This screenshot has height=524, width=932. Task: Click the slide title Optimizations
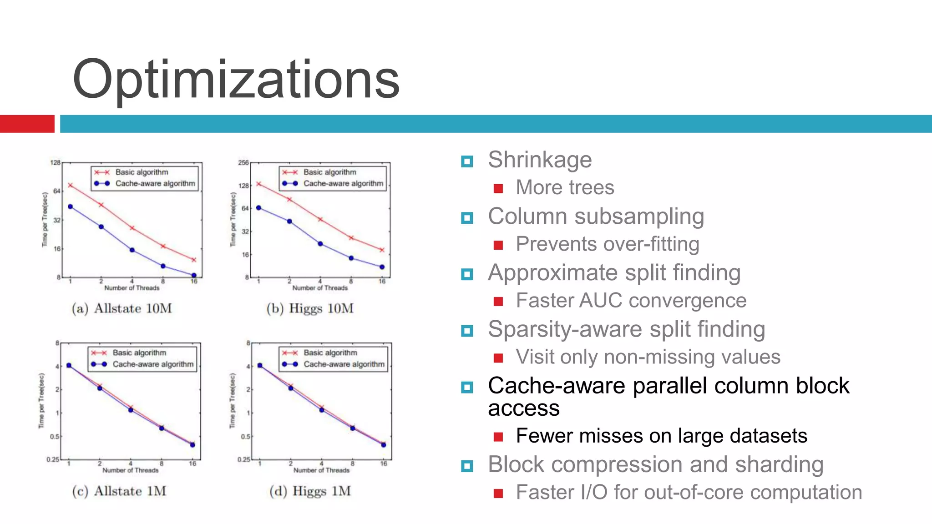tap(236, 80)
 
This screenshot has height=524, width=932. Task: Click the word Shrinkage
tap(540, 160)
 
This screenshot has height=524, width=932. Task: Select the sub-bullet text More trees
tap(565, 188)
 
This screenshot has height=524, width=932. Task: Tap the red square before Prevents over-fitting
tap(498, 245)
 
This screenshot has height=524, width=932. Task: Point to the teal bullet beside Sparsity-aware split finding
tap(467, 331)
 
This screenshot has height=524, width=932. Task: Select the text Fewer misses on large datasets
tap(661, 436)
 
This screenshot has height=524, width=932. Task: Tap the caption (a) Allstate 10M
tap(122, 308)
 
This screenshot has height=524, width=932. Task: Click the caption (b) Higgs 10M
tap(310, 308)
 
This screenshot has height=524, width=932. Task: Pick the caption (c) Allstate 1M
tap(119, 491)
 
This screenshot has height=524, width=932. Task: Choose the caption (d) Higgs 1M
tap(310, 491)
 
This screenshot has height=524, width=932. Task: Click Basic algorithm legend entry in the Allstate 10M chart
tap(142, 172)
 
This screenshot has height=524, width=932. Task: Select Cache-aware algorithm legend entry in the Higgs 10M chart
tap(343, 184)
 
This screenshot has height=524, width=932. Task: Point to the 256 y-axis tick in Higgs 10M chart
tap(244, 162)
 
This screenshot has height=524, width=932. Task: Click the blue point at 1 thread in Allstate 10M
tap(70, 207)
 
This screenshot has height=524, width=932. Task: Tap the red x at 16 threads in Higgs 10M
tap(382, 250)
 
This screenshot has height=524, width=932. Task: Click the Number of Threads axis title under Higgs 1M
tap(321, 470)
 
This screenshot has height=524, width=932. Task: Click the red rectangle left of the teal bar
tap(27, 124)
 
